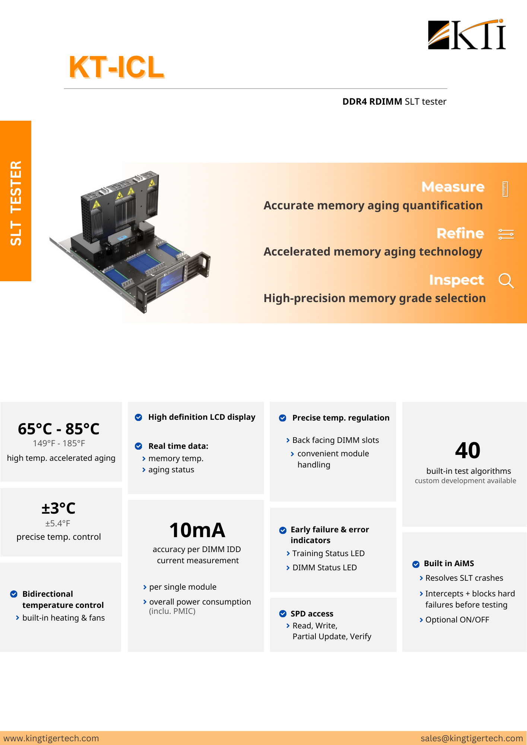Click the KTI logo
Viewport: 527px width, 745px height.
(467, 35)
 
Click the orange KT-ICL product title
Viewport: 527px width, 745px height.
(116, 67)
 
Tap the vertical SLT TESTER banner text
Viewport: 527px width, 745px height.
(16, 203)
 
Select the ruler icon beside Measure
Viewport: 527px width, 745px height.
(505, 189)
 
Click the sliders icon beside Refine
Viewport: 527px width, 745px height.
(506, 234)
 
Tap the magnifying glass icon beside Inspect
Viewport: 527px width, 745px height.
(506, 280)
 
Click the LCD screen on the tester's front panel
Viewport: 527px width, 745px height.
(171, 283)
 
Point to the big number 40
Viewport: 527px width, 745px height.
(467, 450)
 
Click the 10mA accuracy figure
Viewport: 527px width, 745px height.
(197, 530)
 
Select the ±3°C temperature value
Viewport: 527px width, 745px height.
(58, 508)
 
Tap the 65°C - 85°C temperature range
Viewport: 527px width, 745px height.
(58, 429)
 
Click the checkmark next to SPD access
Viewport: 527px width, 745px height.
(283, 614)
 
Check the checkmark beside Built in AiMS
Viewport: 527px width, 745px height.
(416, 564)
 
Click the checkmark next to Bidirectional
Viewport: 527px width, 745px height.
(14, 594)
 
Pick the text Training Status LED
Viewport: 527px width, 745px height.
(328, 554)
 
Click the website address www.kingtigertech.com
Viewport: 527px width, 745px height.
(51, 738)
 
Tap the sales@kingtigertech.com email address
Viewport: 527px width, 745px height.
(472, 738)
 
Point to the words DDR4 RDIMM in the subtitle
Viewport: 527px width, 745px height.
(372, 102)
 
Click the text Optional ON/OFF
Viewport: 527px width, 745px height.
(457, 620)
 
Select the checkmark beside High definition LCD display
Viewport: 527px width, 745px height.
(139, 417)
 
